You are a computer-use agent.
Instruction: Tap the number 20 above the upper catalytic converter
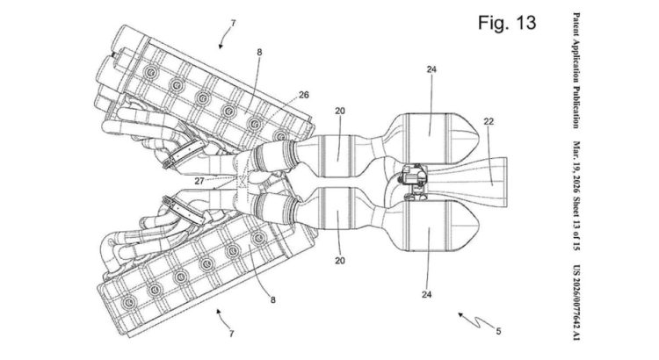(x=339, y=112)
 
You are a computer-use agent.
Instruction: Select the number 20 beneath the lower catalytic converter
(x=339, y=261)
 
